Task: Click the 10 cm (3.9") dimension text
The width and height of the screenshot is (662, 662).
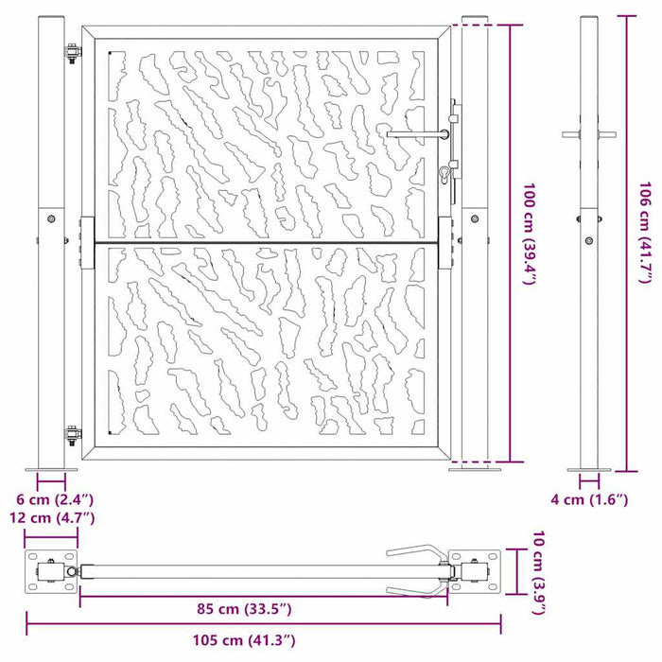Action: [538, 570]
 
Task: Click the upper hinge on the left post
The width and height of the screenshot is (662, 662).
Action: [71, 54]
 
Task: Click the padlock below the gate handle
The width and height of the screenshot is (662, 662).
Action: [443, 173]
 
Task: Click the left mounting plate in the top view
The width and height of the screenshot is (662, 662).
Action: [50, 572]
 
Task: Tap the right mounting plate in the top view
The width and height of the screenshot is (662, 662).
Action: [474, 572]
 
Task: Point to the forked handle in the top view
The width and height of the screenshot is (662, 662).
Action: [416, 570]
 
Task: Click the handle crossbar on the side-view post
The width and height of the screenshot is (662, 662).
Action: [588, 134]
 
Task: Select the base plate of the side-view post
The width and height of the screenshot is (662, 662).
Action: [588, 467]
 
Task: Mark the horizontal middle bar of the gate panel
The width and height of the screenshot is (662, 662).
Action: [265, 243]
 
